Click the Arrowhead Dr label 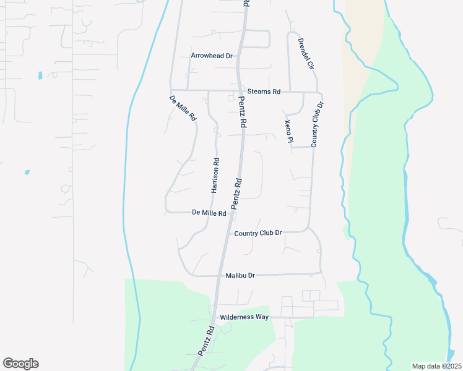click(211, 56)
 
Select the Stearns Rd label click(264, 92)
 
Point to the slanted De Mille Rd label click(183, 108)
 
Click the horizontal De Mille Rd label click(209, 213)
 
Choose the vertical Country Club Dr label click(318, 124)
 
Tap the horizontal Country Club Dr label click(258, 233)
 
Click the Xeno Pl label click(288, 131)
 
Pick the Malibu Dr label click(240, 275)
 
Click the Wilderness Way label click(244, 317)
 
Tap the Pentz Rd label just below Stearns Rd click(242, 114)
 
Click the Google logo click(20, 364)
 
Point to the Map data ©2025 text click(436, 365)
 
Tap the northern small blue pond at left click(40, 75)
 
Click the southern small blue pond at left click(27, 171)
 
